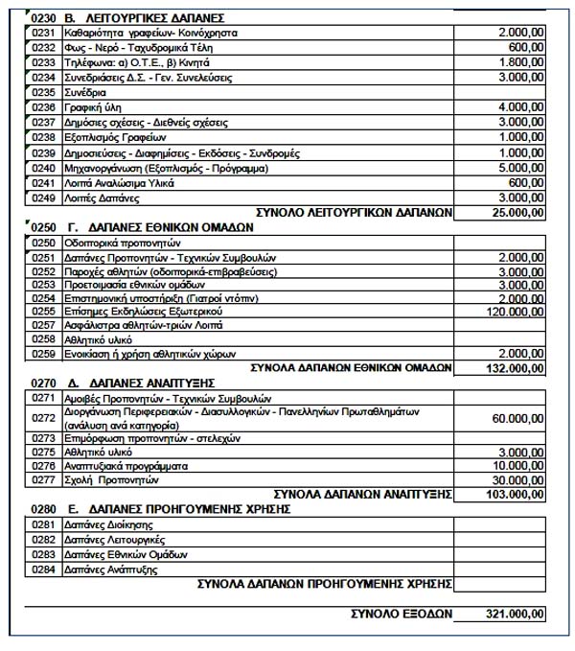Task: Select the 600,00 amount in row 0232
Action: click(x=526, y=48)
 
